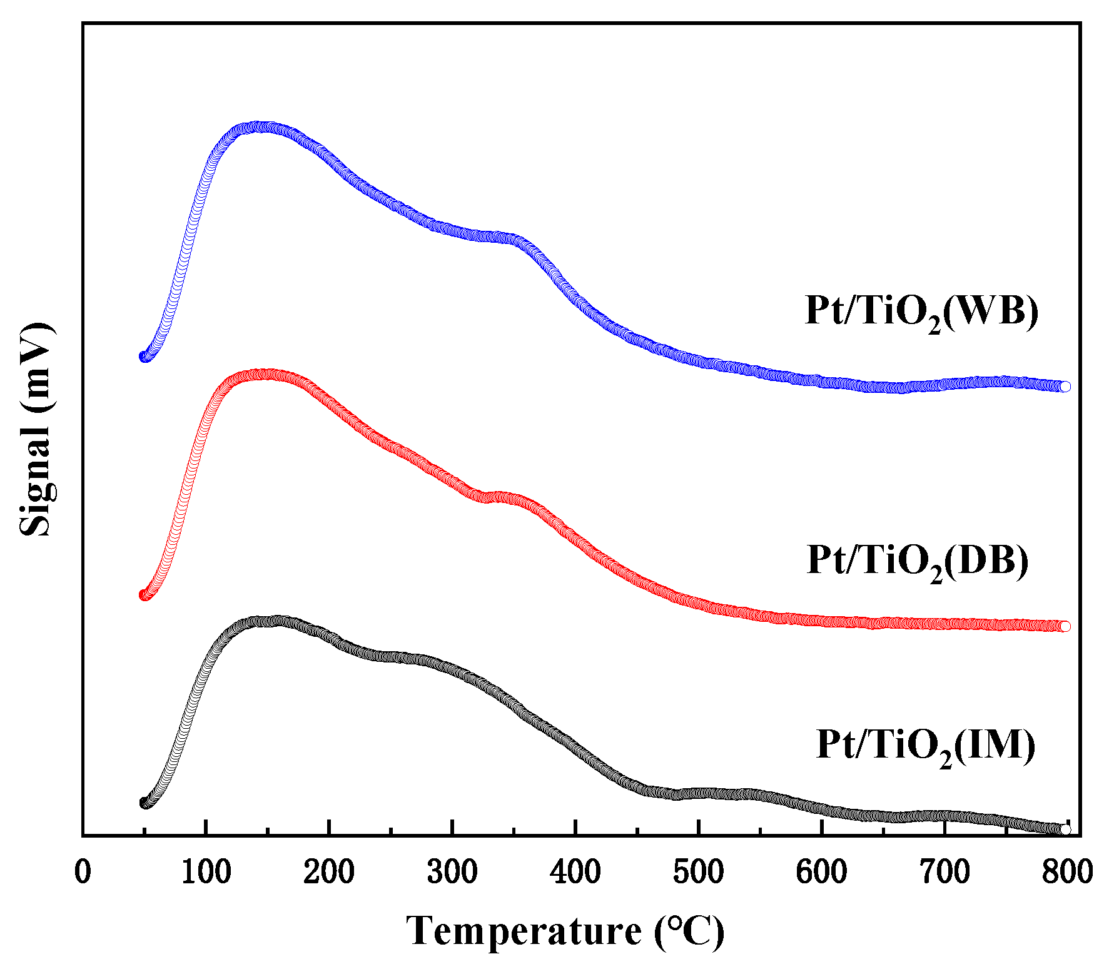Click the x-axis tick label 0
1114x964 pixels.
[x=83, y=872]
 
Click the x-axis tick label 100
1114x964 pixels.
[x=206, y=872]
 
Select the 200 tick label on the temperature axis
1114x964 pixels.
[x=328, y=872]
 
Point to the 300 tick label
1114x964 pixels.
[x=452, y=872]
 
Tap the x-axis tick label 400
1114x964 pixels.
[x=575, y=872]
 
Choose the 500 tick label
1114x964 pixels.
[x=698, y=872]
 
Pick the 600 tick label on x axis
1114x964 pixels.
[x=821, y=872]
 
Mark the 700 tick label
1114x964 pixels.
[x=944, y=872]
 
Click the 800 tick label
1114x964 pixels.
[x=1067, y=872]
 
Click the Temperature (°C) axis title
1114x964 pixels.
[x=565, y=930]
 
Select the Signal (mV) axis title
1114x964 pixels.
[x=36, y=429]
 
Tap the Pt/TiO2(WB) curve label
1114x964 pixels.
[x=921, y=311]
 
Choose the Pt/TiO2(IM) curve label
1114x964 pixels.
[x=926, y=745]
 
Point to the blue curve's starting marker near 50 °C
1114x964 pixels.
[x=143, y=357]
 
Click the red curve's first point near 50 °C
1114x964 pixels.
[x=143, y=594]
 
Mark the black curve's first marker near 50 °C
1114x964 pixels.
[x=144, y=803]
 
